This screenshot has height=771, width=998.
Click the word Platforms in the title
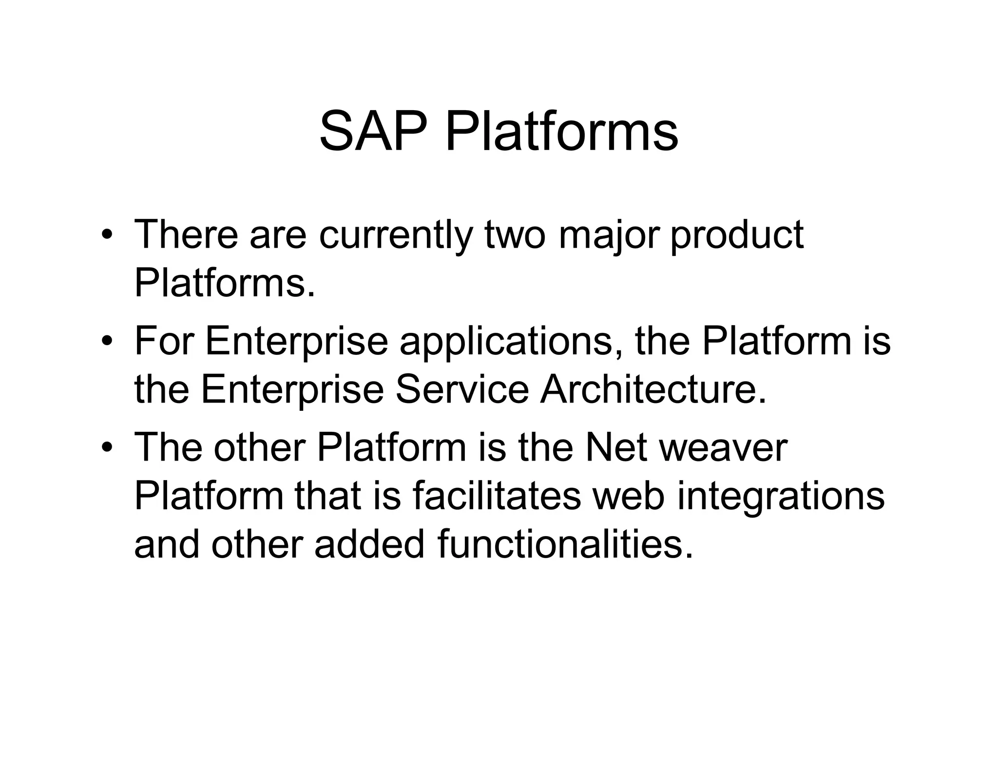click(x=562, y=132)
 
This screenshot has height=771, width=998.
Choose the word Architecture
click(x=653, y=389)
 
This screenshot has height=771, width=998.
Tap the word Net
click(x=616, y=447)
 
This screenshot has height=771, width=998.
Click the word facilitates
click(x=497, y=496)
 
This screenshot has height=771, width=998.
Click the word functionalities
click(x=565, y=544)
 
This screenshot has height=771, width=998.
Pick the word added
click(x=369, y=544)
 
